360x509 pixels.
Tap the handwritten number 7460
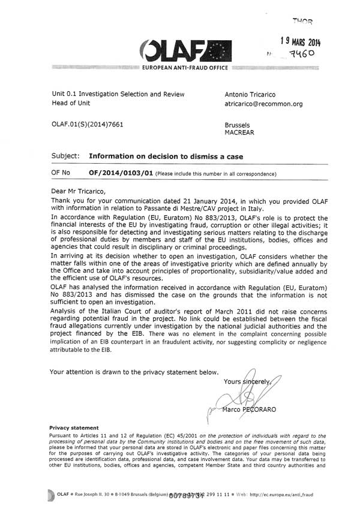(x=310, y=55)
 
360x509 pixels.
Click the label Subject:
(x=66, y=156)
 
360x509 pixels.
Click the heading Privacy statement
(x=74, y=427)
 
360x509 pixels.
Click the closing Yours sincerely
(x=247, y=381)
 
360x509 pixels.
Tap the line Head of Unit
(x=72, y=104)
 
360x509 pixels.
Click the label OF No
(x=61, y=173)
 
